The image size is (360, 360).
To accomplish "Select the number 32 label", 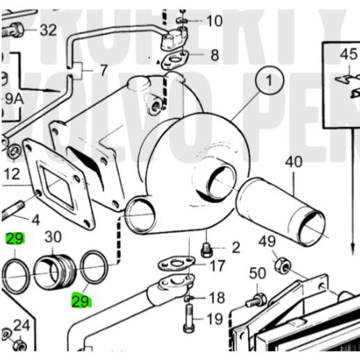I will tap(48, 30).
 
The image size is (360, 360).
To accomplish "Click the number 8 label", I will tap(214, 54).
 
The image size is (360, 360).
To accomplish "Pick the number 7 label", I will tap(104, 71).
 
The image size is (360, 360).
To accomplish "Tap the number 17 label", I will tap(218, 265).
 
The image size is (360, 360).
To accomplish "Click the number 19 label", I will tap(215, 320).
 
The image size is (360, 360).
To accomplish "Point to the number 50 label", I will tap(257, 272).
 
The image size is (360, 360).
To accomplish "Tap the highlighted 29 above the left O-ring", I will tap(15, 240).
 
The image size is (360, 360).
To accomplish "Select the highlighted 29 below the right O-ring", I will tap(81, 302).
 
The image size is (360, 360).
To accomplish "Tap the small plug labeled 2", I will tap(206, 249).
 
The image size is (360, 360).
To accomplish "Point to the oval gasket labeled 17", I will tap(174, 264).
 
